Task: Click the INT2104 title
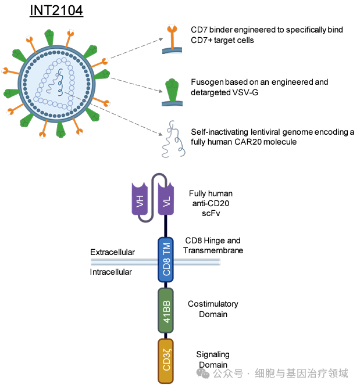click(56, 10)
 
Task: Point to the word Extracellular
click(112, 252)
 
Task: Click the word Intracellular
click(111, 272)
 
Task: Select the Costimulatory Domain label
click(212, 309)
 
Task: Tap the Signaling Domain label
click(212, 360)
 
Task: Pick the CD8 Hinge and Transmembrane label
click(212, 245)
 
